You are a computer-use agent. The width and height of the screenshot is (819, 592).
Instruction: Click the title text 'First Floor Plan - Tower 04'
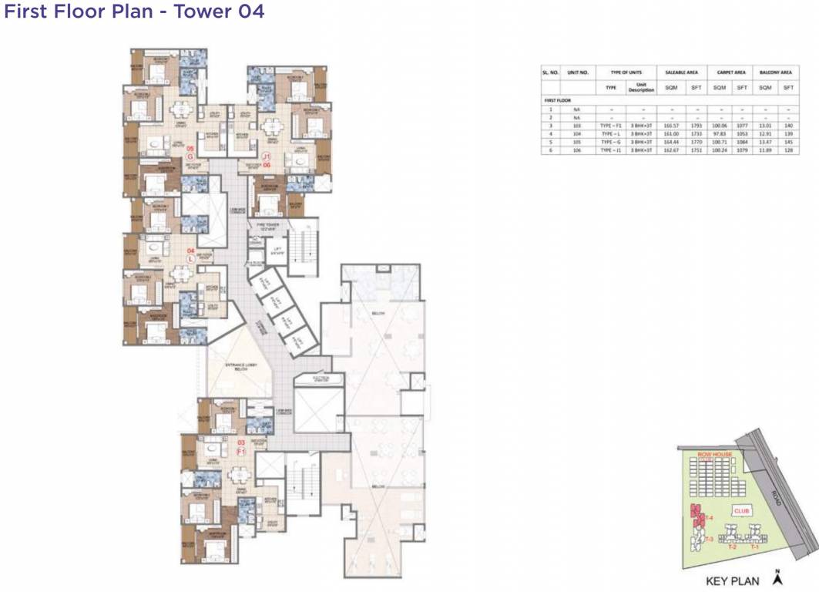point(135,12)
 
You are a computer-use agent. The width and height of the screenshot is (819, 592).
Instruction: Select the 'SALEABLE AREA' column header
point(683,72)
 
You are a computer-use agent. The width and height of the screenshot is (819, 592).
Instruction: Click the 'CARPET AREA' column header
point(730,72)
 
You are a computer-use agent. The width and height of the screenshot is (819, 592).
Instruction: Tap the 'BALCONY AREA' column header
point(776,72)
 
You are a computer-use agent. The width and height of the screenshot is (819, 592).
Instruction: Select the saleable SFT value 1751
point(696,150)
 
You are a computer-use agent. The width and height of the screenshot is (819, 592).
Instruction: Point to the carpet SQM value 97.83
point(720,133)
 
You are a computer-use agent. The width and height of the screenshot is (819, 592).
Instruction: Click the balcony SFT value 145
point(788,142)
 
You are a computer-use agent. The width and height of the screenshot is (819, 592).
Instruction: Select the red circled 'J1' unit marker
point(266,156)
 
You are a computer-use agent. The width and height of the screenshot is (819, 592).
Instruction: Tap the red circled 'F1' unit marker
point(240,452)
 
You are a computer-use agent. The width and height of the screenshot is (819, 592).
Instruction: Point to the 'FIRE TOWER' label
point(257,224)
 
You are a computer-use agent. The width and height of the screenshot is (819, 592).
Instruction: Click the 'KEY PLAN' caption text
point(732,581)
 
